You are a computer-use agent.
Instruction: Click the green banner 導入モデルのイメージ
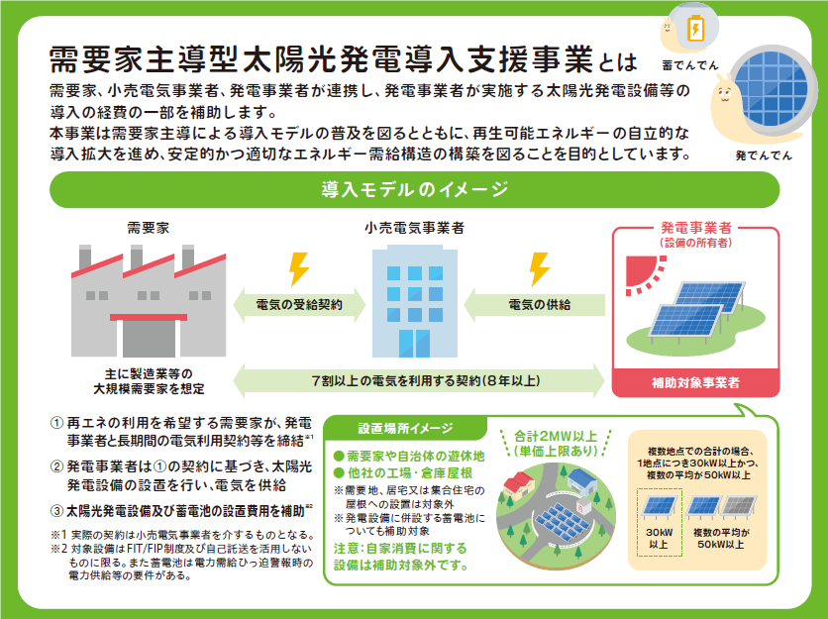pos(415,189)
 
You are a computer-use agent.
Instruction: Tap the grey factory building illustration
pos(149,301)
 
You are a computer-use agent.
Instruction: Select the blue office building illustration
pos(415,301)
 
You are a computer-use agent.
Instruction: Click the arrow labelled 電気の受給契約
pos(299,305)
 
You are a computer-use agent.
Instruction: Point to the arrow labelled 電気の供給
pos(535,305)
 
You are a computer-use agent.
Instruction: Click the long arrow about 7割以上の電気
pos(419,380)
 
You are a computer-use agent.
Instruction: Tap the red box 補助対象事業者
pos(695,383)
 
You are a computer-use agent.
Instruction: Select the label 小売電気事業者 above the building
pos(415,228)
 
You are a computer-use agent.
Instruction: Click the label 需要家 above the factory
pos(149,228)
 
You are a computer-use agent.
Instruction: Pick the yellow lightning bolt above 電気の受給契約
pos(299,269)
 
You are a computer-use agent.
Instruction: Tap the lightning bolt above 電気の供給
pos(540,269)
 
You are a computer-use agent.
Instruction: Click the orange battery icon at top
pos(695,28)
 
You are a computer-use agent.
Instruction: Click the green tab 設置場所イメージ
pos(405,428)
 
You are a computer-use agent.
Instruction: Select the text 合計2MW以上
pos(555,436)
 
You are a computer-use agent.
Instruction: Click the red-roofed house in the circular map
pos(519,484)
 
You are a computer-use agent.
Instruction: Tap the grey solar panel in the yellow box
pos(739,506)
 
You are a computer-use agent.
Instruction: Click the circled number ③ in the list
pos(56,511)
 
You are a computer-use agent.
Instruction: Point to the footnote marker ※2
pos(58,549)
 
